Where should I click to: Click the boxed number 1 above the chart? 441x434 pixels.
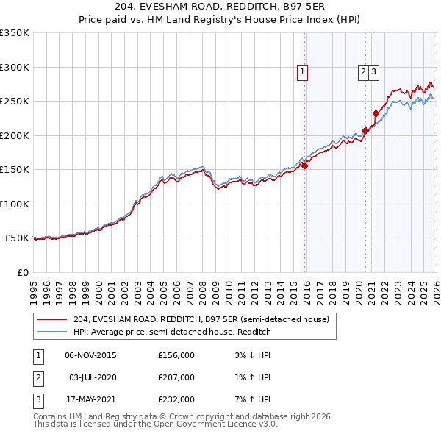click(303, 71)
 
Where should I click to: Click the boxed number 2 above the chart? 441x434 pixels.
click(363, 71)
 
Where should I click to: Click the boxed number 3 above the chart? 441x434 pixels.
click(374, 71)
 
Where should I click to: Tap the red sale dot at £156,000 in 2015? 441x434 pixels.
click(304, 166)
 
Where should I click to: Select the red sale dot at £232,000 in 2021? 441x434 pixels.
click(376, 113)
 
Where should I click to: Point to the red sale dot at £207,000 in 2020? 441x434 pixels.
click(365, 131)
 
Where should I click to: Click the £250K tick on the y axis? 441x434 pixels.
click(15, 101)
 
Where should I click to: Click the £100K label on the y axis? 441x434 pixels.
click(15, 204)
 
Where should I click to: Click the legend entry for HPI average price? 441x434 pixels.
click(172, 332)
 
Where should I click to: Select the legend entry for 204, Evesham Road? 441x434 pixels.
click(205, 319)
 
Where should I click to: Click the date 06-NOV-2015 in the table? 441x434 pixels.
click(90, 355)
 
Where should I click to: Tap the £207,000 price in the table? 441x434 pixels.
click(176, 377)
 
